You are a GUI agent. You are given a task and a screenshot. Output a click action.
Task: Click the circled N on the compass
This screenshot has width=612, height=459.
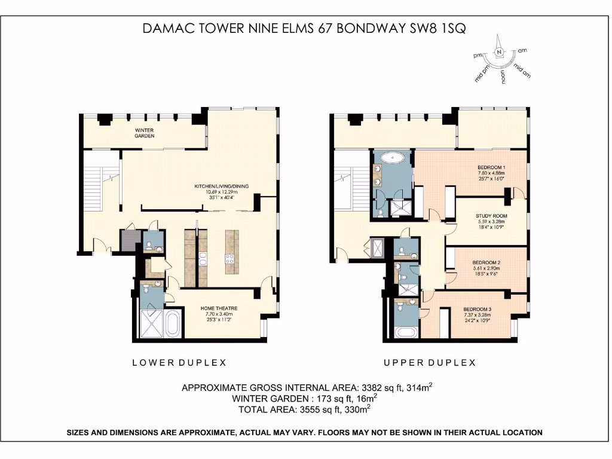pos(499,53)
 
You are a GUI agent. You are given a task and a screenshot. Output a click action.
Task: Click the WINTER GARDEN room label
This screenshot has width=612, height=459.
pos(144,133)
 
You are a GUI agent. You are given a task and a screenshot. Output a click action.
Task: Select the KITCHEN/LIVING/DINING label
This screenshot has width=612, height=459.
pos(216,187)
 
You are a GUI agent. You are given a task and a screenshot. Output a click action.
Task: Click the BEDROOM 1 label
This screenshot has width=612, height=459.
pos(492,167)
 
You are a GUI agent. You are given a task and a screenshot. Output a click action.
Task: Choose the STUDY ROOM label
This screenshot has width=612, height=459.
pos(491,216)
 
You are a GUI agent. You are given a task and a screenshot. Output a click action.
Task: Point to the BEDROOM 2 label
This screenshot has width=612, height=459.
pos(486,262)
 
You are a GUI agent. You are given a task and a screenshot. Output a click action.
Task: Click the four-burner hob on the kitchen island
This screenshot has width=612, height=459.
pos(229,259)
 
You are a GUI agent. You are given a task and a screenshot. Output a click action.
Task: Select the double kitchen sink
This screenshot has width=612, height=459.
pos(203,258)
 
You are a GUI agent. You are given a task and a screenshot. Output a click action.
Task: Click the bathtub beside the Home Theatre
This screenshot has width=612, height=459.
pos(172,323)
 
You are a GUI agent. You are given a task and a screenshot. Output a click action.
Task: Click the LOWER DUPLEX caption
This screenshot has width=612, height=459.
pos(170,363)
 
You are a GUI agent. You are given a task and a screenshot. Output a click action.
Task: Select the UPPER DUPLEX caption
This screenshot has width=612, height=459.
pos(429,363)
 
